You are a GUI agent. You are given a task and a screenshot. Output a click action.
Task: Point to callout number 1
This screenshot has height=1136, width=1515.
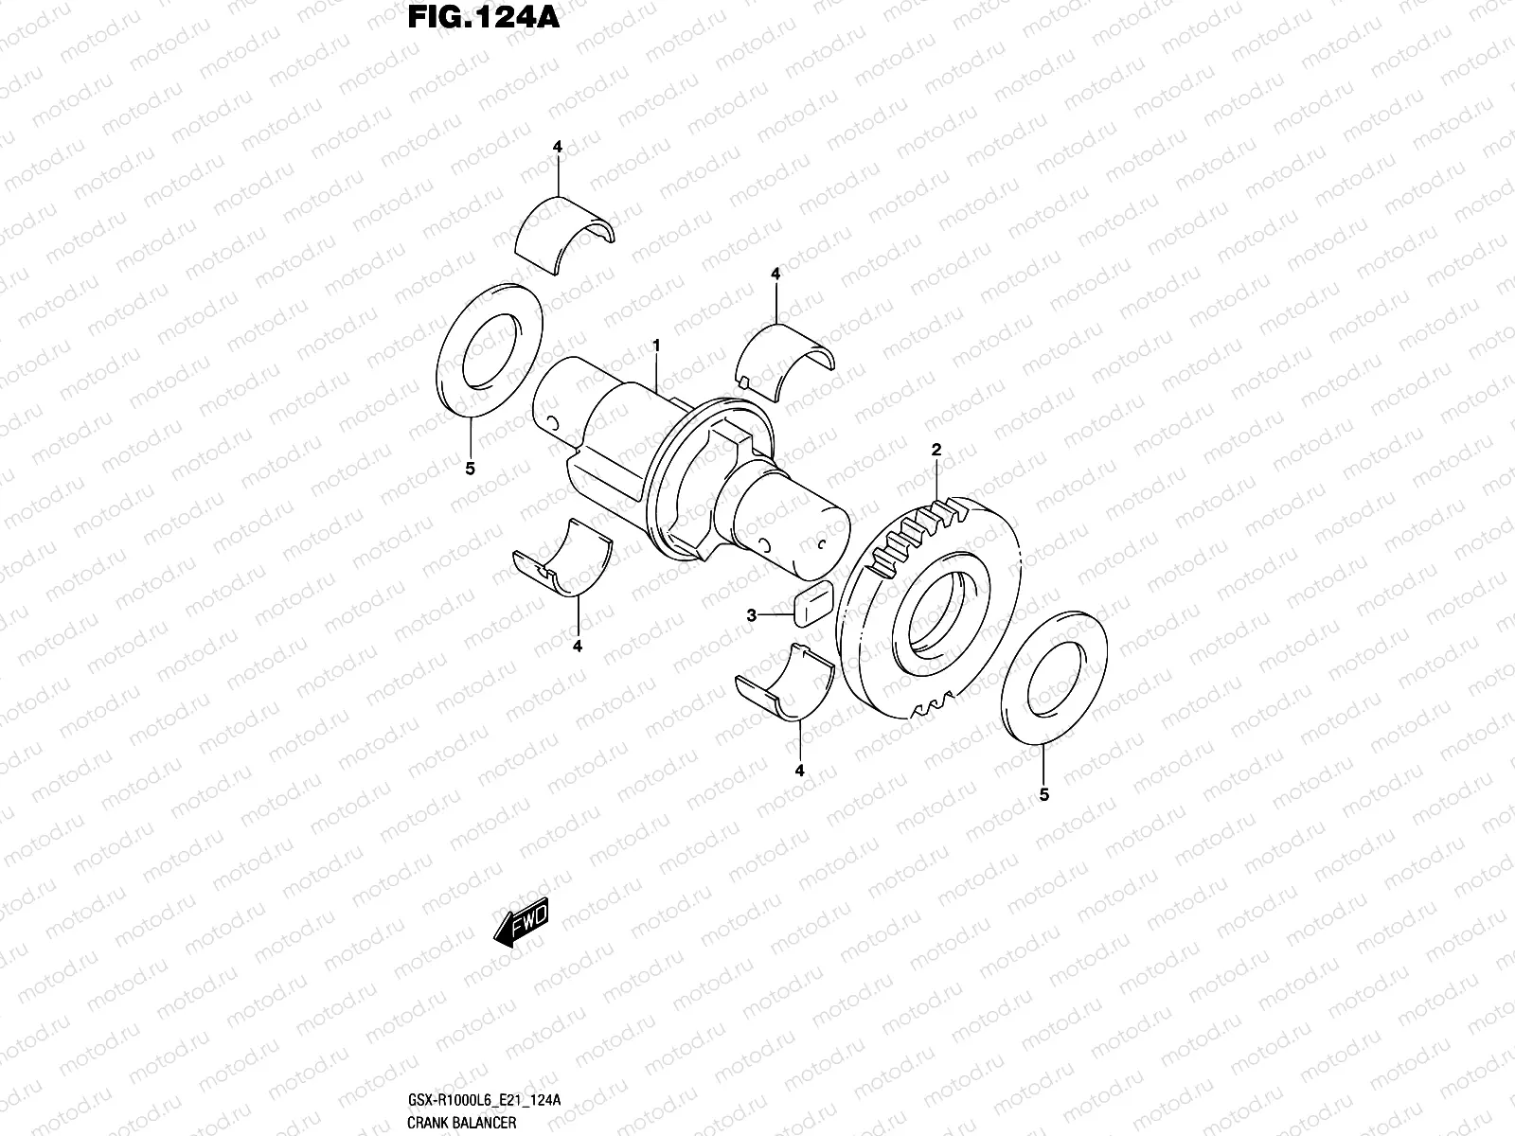(655, 347)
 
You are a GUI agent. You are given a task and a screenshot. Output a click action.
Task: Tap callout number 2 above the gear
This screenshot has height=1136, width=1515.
(936, 451)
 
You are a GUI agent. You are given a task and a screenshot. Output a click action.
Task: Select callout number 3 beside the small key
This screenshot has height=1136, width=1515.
(752, 615)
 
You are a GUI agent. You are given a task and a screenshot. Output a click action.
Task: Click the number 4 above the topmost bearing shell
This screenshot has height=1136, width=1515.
(558, 147)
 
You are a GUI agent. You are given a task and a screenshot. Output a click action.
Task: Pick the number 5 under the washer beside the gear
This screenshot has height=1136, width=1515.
(1044, 794)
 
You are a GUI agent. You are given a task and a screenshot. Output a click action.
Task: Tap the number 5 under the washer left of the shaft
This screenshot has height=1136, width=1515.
(471, 468)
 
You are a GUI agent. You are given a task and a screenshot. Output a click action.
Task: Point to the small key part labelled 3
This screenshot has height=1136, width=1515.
(810, 605)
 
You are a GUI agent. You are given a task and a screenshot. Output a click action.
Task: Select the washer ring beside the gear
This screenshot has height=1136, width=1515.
(1053, 676)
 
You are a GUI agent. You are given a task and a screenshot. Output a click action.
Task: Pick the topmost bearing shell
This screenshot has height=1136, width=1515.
(565, 237)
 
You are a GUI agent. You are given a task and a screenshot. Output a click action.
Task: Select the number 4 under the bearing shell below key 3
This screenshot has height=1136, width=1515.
(799, 771)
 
